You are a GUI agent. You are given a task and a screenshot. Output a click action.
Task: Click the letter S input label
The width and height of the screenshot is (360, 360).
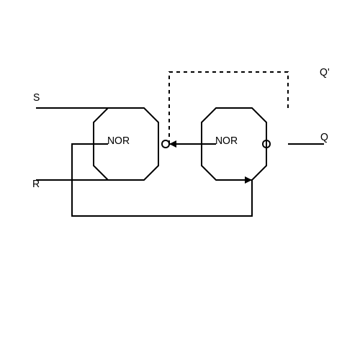pos(37,97)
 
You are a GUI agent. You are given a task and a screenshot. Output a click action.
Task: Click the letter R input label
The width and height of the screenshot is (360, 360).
pos(36,184)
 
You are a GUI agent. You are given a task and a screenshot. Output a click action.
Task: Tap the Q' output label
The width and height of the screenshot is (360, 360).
pos(325,72)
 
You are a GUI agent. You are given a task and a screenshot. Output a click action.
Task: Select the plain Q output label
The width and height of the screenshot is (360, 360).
pos(324,138)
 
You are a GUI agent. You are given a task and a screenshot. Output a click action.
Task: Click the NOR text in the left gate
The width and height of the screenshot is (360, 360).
pos(118,140)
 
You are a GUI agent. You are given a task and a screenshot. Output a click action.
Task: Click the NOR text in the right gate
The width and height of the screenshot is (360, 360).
pos(226,140)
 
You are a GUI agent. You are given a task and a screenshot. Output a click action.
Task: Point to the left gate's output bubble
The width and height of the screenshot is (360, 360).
pos(166,144)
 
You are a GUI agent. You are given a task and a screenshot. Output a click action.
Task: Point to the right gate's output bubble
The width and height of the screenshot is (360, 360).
pos(266,144)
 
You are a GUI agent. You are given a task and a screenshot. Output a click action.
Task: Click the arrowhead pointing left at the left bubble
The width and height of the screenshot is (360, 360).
pos(173,144)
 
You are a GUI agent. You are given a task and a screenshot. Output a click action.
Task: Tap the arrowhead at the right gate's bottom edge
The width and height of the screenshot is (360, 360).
pos(248,180)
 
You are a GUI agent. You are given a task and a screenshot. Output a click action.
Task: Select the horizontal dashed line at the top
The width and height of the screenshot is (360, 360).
pos(228,72)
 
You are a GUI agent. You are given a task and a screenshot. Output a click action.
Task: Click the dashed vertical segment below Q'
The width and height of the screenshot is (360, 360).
pos(288,90)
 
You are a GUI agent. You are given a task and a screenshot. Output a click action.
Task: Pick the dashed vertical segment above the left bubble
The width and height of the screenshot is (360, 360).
pos(169,106)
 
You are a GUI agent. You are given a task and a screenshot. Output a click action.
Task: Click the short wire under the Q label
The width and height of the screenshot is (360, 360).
pos(306,144)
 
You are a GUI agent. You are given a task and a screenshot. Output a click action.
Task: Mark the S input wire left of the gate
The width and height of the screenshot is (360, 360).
pos(72,108)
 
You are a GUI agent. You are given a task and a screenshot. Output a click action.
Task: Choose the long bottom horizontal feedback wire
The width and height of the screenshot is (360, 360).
pos(162,216)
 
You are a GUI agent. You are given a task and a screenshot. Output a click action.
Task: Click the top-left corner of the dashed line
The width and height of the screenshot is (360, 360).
pos(169,72)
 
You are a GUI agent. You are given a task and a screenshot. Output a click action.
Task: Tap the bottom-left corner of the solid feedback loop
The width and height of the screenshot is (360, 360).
pos(72,216)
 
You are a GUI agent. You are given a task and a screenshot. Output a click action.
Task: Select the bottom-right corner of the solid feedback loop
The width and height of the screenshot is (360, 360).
pos(252,216)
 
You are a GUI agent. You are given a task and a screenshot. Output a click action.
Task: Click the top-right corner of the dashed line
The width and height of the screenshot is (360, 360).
pos(288,72)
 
